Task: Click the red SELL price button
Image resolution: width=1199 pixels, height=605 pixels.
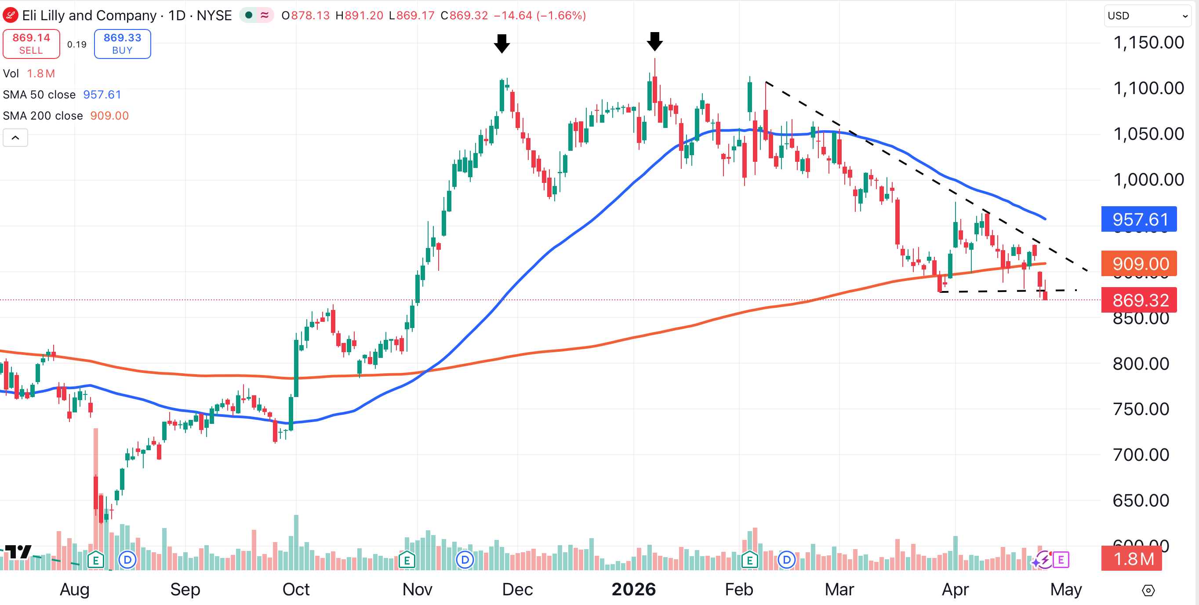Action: pos(31,44)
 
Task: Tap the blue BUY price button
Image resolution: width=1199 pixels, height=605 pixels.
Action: pos(123,44)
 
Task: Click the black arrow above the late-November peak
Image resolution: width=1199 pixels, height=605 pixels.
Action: pos(502,44)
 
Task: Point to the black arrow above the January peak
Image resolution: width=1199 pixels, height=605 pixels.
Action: pos(654,41)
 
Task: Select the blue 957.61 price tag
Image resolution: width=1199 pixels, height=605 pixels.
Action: pos(1138,219)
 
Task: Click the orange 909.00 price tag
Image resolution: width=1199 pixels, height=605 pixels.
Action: pos(1138,264)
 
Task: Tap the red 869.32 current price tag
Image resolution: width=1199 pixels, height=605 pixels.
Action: pos(1138,300)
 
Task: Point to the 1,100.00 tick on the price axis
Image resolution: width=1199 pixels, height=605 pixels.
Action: pos(1148,88)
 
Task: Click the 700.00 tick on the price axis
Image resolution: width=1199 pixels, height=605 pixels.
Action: pos(1141,455)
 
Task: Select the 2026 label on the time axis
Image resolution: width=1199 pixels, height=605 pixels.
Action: pos(633,589)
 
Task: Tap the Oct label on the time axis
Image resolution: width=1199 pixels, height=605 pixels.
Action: pos(296,589)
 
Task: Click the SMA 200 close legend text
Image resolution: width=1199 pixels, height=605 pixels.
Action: pos(43,116)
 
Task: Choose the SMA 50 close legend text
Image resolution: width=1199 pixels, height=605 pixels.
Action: pos(39,95)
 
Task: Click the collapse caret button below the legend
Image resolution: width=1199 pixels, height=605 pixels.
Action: pos(15,138)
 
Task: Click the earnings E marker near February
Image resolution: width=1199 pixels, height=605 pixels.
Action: pos(749,560)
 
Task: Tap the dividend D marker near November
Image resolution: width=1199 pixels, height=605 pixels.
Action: pos(465,560)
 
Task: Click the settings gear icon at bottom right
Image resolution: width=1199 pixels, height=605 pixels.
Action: pos(1148,590)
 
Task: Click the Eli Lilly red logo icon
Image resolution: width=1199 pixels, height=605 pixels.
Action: pos(10,15)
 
